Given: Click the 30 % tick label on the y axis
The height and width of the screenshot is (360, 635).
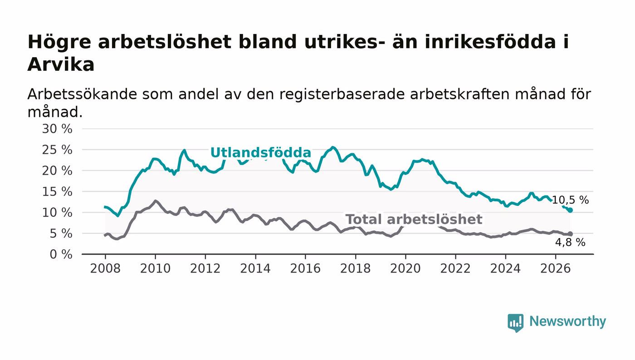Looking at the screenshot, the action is click(57, 129).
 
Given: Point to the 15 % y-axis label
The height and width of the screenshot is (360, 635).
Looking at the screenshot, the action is click(57, 192).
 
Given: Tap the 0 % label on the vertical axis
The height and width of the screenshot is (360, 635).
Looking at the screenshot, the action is click(61, 254).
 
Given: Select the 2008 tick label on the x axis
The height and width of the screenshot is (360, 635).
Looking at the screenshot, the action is click(105, 268).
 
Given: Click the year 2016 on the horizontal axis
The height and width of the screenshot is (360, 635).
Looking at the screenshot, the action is click(305, 268).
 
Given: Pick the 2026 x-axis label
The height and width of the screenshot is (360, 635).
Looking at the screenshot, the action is click(555, 268).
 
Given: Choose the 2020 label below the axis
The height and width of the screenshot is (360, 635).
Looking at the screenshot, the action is click(405, 268).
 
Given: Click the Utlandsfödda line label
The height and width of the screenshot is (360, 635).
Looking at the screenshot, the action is click(260, 152).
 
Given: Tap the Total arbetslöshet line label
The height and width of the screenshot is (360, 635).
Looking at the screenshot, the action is click(414, 219).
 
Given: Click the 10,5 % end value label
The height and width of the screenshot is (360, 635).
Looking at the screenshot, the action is click(570, 200).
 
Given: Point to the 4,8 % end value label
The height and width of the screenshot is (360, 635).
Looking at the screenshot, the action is click(570, 243).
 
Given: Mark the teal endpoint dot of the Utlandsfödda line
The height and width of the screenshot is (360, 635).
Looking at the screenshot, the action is click(570, 210).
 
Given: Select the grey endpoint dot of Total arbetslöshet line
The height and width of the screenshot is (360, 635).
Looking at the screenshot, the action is click(570, 234).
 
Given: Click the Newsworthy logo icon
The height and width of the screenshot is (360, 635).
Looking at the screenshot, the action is click(515, 322).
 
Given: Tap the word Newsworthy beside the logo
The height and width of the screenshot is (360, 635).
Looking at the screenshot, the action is click(567, 321).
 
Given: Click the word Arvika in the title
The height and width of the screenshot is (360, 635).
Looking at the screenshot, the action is click(61, 65).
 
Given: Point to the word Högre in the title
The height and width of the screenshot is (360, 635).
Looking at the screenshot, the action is click(59, 43).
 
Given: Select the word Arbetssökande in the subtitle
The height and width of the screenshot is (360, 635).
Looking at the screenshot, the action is click(82, 94).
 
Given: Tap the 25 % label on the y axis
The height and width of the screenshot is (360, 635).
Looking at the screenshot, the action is click(57, 150).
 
